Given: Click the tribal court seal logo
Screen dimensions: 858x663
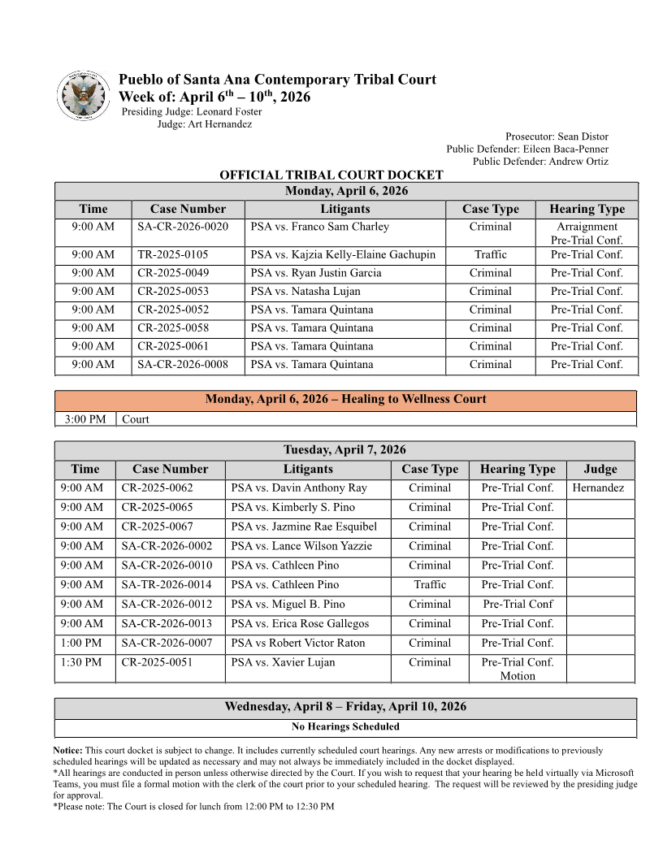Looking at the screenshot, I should pos(84,96).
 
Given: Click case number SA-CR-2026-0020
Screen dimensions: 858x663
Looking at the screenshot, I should pos(183,227).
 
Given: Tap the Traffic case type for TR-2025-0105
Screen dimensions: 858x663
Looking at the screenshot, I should pos(490,254).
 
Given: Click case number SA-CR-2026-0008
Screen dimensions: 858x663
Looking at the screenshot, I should pos(183,365).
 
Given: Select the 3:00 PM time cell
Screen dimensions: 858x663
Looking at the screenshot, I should pos(85,419).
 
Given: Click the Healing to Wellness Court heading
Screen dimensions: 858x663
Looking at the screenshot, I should pos(345,399).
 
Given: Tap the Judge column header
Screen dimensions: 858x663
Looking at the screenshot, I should pos(600,469).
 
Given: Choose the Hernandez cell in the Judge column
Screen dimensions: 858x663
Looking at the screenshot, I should pos(598,488).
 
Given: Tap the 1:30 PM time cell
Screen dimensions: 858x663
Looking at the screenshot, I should pos(81,662).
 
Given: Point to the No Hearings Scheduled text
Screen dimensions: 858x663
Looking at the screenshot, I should pos(345,726).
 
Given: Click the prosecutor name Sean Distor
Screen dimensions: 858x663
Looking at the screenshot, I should pos(580,136).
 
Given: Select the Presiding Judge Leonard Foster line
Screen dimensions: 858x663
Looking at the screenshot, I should pos(192,111).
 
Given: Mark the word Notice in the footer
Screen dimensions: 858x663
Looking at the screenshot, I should pos(67,751).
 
